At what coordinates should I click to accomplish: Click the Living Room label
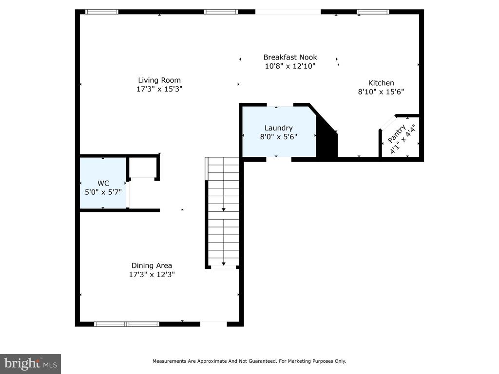pos(159,80)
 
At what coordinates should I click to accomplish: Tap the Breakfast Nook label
pos(290,57)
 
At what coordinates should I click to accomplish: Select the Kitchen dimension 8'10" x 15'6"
pos(381,92)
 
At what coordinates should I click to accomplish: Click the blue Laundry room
pos(279,131)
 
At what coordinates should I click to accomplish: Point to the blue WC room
pos(103,183)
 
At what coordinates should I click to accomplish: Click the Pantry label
pos(397,133)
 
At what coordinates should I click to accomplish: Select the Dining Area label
pos(152,265)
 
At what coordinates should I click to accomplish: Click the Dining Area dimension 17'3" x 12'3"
pos(152,275)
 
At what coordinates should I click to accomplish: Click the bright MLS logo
pos(30,364)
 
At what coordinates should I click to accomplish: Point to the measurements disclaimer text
pos(249,361)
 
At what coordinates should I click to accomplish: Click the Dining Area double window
pos(127,324)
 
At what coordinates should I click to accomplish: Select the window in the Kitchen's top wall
pos(373,12)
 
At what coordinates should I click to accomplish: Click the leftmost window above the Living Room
pos(102,12)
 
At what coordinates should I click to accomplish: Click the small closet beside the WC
pos(143,168)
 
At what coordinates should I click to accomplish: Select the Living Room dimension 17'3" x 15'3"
pos(159,89)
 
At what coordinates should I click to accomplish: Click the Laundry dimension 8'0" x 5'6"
pos(278,137)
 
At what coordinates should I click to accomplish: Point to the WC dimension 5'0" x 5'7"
pos(103,192)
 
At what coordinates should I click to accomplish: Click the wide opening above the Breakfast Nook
pos(288,12)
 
